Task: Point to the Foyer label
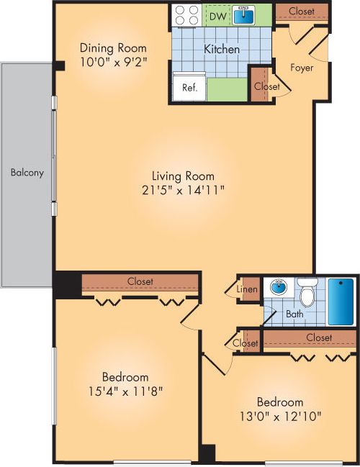pos(301,68)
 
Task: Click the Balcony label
pos(27,173)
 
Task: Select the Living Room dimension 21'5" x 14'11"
pos(183,190)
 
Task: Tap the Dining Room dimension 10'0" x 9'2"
pos(114,61)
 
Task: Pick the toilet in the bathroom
pos(307,294)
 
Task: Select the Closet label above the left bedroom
pos(140,281)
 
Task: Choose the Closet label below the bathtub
pos(318,337)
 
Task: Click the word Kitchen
pos(222,50)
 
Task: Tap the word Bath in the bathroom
pos(294,314)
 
